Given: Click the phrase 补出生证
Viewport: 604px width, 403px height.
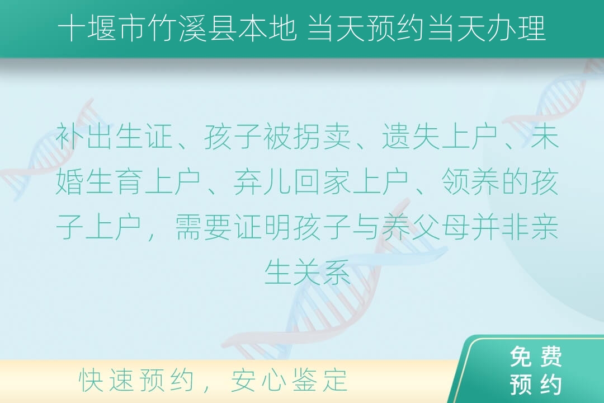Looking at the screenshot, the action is pyautogui.click(x=114, y=137).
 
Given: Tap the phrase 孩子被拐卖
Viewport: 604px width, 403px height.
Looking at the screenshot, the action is pyautogui.click(x=277, y=137).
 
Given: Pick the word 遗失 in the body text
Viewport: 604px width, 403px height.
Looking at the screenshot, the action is pyautogui.click(x=411, y=137).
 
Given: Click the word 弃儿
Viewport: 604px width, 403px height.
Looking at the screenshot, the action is pyautogui.click(x=263, y=181).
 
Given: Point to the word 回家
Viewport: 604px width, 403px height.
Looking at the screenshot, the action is pyautogui.click(x=322, y=181).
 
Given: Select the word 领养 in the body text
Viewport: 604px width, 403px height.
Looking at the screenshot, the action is pyautogui.click(x=470, y=181).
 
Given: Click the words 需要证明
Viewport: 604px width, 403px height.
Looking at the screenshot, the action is pyautogui.click(x=233, y=227).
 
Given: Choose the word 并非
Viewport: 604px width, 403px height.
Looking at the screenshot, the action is pyautogui.click(x=499, y=227).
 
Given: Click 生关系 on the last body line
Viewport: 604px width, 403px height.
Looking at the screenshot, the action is pyautogui.click(x=307, y=271).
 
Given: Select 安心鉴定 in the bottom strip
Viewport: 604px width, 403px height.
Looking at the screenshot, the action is pyautogui.click(x=289, y=380).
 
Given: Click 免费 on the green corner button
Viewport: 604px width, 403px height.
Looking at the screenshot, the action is pyautogui.click(x=536, y=357).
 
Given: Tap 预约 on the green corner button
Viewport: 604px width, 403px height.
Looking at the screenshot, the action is pyautogui.click(x=536, y=384).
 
